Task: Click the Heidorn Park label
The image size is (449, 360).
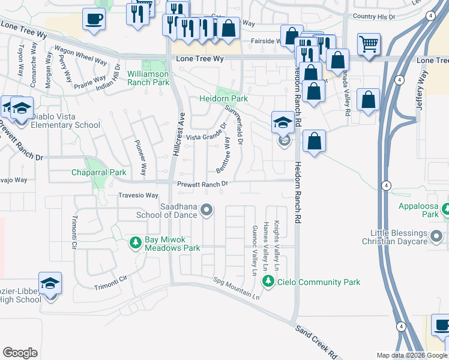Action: pyautogui.click(x=224, y=98)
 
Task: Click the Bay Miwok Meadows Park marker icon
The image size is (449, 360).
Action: pyautogui.click(x=136, y=243)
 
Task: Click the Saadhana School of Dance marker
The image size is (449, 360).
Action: pyautogui.click(x=206, y=210)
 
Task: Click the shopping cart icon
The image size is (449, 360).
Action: pyautogui.click(x=369, y=43)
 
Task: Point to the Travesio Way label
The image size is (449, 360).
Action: pyautogui.click(x=138, y=196)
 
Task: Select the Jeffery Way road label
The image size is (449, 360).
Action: pyautogui.click(x=423, y=90)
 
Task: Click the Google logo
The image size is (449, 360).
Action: pyautogui.click(x=20, y=353)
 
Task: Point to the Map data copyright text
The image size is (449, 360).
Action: pyautogui.click(x=411, y=355)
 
